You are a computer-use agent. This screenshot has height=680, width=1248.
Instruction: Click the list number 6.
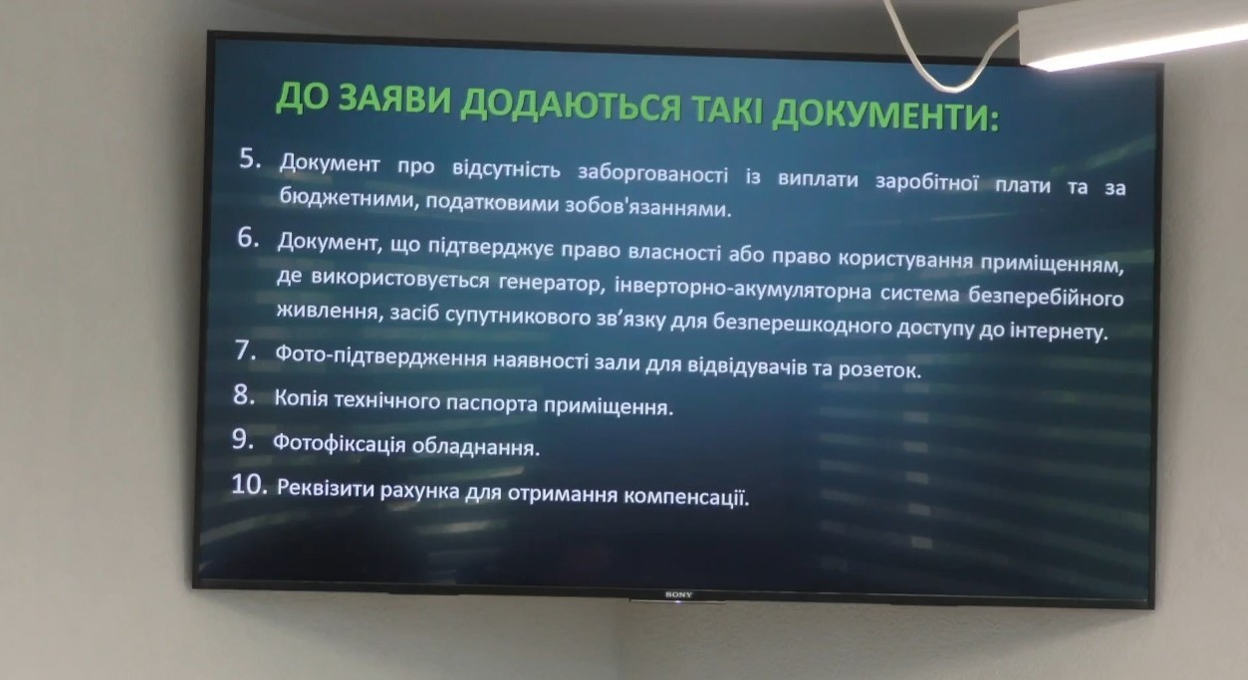(x=248, y=238)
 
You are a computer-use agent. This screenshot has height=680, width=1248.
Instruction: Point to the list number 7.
(x=246, y=350)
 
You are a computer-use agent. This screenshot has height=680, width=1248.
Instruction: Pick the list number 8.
(x=244, y=395)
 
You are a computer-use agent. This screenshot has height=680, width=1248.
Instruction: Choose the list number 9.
(x=243, y=439)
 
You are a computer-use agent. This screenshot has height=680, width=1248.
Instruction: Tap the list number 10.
(x=250, y=485)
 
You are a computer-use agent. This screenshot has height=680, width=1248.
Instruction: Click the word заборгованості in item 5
(x=652, y=173)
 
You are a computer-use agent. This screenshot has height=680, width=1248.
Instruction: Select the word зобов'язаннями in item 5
(x=648, y=207)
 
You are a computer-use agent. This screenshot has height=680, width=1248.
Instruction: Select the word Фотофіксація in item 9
(x=340, y=444)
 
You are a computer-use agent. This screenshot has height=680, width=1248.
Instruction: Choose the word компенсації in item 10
(x=686, y=496)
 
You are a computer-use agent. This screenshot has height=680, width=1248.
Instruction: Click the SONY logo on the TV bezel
(x=678, y=594)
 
